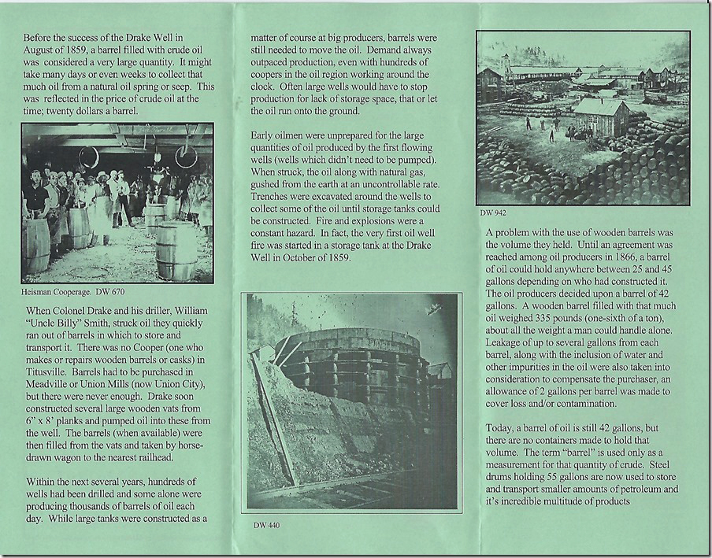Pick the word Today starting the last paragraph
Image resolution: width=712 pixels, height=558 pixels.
point(502,427)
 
